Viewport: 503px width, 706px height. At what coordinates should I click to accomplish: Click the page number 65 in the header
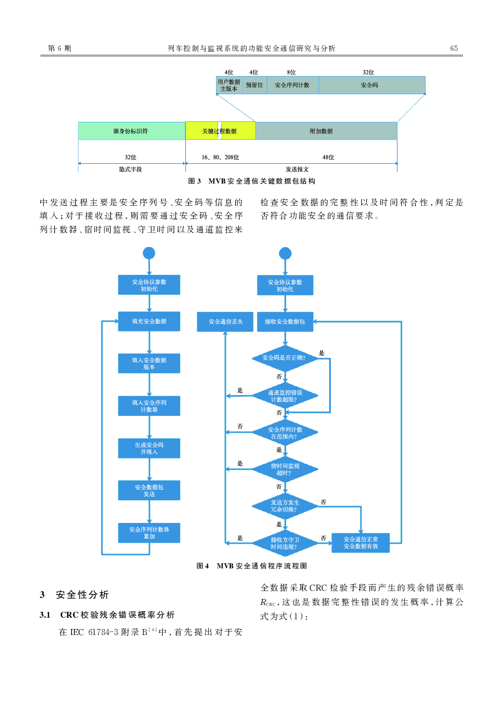point(454,48)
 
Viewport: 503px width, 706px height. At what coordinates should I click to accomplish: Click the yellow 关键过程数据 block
point(220,131)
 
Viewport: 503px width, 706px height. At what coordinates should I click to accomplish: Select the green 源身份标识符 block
point(131,131)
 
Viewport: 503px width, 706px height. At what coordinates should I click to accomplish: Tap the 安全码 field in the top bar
point(370,85)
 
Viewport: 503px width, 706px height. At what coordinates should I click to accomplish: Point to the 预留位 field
point(254,85)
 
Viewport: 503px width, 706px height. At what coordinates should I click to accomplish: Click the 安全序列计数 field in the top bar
point(292,85)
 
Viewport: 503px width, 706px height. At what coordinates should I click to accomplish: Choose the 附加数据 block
point(322,131)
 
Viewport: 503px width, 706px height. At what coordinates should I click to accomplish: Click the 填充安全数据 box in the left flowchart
point(149,321)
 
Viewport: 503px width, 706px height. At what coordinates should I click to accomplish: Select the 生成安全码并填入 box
point(149,448)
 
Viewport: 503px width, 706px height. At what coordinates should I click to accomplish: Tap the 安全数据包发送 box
point(149,490)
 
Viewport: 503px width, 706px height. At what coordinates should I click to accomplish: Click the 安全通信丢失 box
point(225,322)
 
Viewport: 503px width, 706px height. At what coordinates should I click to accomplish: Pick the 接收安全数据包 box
point(285,322)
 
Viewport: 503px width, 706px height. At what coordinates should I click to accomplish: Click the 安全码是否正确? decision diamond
point(285,358)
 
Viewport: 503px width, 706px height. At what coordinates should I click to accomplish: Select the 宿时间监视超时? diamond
point(285,469)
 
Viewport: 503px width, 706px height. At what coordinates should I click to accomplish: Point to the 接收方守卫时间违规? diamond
point(285,543)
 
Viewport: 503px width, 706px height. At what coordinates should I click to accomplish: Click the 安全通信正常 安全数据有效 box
point(360,543)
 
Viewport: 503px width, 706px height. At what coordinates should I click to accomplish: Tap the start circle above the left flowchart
point(149,253)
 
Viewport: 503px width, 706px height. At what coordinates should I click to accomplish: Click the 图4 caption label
point(203,566)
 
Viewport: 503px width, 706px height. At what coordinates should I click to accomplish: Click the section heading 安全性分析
point(82,595)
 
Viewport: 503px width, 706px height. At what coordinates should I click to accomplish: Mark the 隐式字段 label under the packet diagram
point(131,169)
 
